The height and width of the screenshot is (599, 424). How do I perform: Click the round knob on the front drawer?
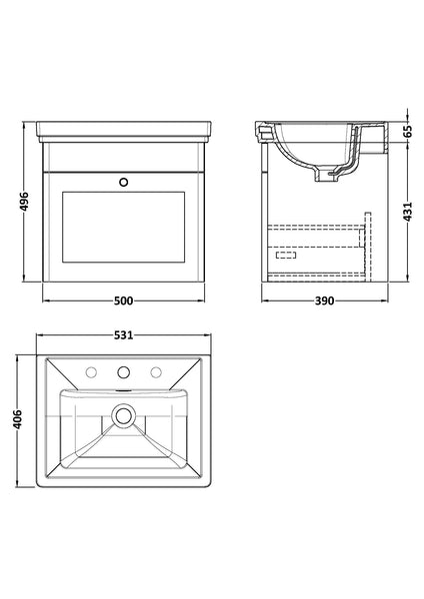point(123,183)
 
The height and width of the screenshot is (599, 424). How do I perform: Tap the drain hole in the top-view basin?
point(123,411)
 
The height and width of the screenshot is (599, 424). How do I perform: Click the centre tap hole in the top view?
point(123,373)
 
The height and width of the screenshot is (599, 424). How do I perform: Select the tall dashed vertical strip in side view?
point(367,240)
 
